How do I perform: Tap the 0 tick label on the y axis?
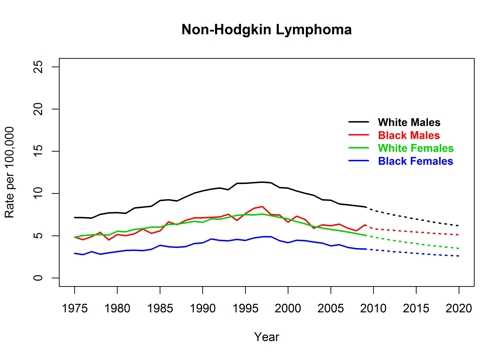(x=42, y=278)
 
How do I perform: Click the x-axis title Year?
(x=267, y=337)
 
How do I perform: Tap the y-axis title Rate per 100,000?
(x=13, y=172)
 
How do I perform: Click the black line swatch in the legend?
(x=359, y=123)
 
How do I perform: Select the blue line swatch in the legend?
(x=359, y=161)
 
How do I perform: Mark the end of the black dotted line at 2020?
(x=459, y=226)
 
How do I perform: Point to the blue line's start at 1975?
(x=75, y=253)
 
